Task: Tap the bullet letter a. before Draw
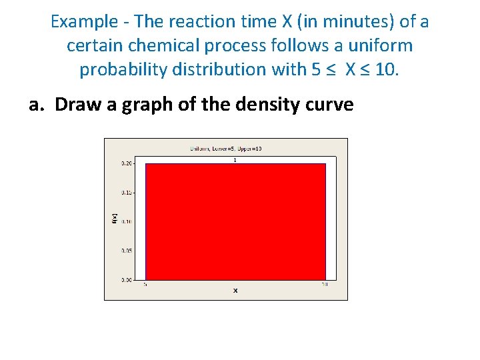click(x=38, y=105)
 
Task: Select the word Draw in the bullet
click(x=75, y=105)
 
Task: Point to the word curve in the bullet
click(x=331, y=105)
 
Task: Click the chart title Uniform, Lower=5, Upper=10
click(x=225, y=148)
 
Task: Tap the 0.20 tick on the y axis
click(x=127, y=163)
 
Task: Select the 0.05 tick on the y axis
click(x=127, y=251)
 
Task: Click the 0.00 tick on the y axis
click(x=127, y=280)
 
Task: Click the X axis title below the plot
click(x=235, y=291)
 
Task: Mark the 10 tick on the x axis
click(x=325, y=285)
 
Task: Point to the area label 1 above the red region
click(x=235, y=160)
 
